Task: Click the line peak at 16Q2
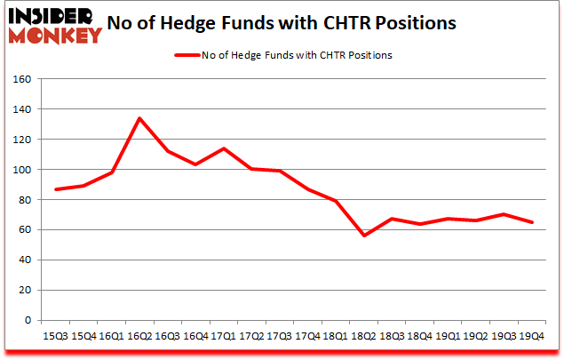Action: pyautogui.click(x=139, y=118)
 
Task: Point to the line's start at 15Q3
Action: pyautogui.click(x=56, y=189)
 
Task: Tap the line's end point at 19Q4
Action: pyautogui.click(x=532, y=222)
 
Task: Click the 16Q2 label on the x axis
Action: pyautogui.click(x=139, y=337)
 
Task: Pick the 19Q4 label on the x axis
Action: pyautogui.click(x=532, y=337)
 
